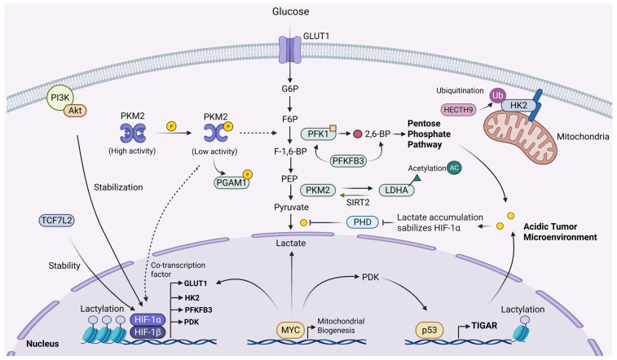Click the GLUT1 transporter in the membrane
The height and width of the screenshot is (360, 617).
coord(290,50)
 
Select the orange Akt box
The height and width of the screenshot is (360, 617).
coord(75,111)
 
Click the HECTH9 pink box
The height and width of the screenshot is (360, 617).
coord(458,110)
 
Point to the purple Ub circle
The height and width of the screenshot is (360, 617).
coord(498,95)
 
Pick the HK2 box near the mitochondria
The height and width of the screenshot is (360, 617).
coord(518,105)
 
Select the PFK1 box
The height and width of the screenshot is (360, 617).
coord(318,134)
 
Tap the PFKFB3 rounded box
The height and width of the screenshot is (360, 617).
coord(348,160)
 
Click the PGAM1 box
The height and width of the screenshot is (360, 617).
coord(231,182)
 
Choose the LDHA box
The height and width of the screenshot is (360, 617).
coord(396,191)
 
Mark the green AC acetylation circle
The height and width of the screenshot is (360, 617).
coord(454,168)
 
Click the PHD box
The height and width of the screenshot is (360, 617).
coord(363,222)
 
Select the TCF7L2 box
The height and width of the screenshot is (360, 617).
coord(57,221)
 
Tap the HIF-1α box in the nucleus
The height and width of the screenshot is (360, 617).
coord(148,319)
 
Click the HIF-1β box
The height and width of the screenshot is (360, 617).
coord(148,332)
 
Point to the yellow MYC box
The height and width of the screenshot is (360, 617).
coord(290,330)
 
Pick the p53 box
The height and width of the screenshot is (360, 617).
coord(430,330)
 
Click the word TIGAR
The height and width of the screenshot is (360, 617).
coord(484,326)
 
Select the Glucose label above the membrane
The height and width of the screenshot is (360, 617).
coord(290,11)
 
